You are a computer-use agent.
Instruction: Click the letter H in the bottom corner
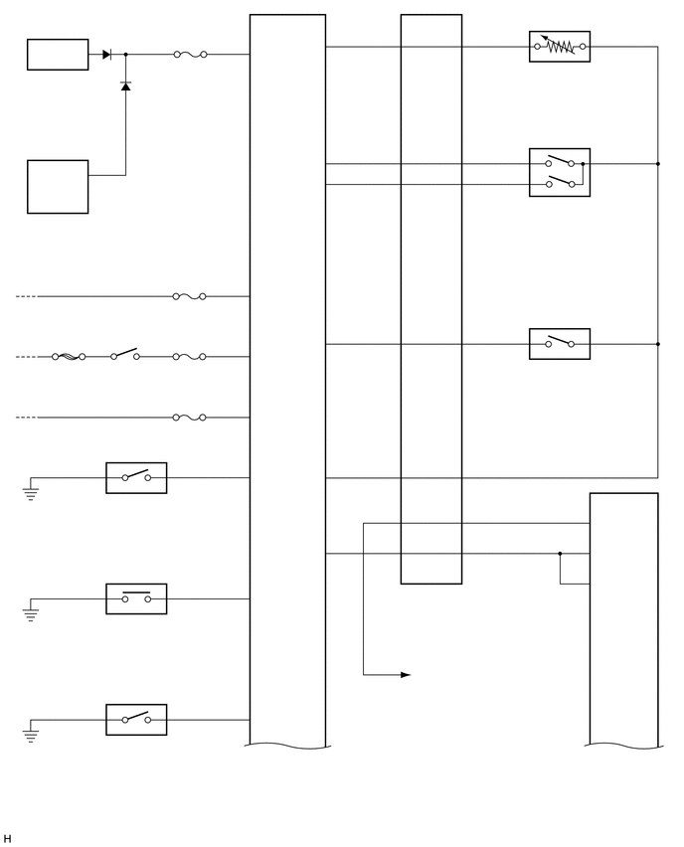pyautogui.click(x=7, y=839)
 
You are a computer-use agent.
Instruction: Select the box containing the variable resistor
pyautogui.click(x=559, y=47)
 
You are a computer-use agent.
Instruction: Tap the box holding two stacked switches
pyautogui.click(x=559, y=172)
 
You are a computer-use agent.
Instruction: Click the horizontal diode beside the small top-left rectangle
pyautogui.click(x=106, y=55)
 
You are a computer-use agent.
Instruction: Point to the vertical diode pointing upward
pyautogui.click(x=125, y=86)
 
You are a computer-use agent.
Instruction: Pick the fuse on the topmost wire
pyautogui.click(x=190, y=55)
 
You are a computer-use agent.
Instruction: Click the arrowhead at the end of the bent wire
pyautogui.click(x=405, y=675)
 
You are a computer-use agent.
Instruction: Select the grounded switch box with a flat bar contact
pyautogui.click(x=136, y=598)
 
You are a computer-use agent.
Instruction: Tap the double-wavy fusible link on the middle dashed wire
pyautogui.click(x=69, y=357)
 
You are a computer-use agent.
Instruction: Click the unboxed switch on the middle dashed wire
pyautogui.click(x=124, y=355)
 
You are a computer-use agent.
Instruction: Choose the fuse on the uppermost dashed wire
pyautogui.click(x=189, y=296)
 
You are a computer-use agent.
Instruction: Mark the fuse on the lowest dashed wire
pyautogui.click(x=189, y=418)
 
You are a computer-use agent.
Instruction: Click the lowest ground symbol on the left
pyautogui.click(x=31, y=736)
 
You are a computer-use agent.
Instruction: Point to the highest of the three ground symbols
pyautogui.click(x=31, y=493)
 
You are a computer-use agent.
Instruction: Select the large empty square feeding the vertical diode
pyautogui.click(x=58, y=187)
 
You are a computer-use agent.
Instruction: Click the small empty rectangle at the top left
pyautogui.click(x=58, y=55)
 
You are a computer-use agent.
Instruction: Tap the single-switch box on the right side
pyautogui.click(x=559, y=344)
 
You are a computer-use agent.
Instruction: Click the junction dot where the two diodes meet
pyautogui.click(x=125, y=55)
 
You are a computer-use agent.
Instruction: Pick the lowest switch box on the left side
pyautogui.click(x=136, y=720)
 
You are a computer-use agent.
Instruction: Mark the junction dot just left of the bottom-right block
pyautogui.click(x=560, y=554)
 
